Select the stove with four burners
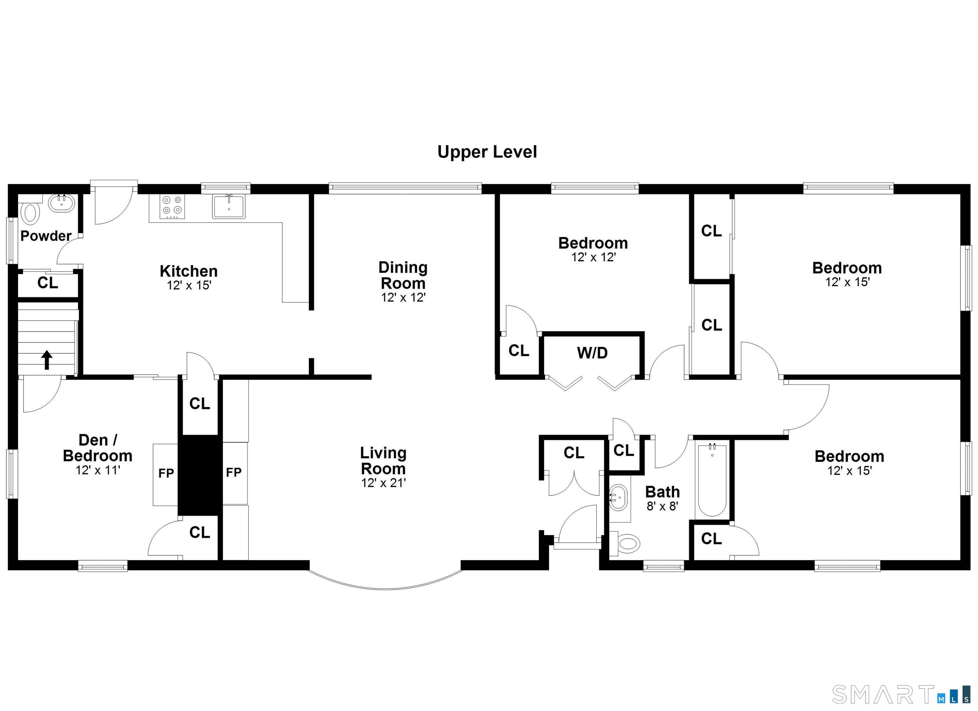pos(172,207)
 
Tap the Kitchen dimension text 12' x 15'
pos(189,285)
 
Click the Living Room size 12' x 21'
pos(383,483)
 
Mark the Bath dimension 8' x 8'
pos(663,506)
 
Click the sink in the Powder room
pos(61,203)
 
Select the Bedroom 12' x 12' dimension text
pos(593,257)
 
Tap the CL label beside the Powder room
pos(47,283)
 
